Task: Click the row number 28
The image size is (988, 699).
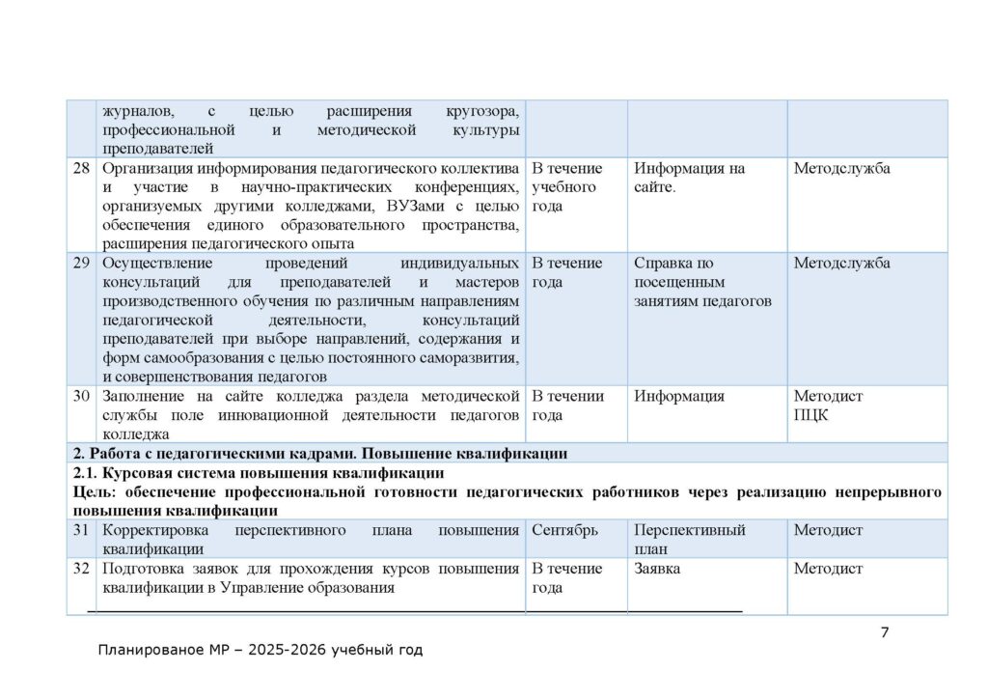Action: (x=82, y=169)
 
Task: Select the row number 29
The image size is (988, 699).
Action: (x=82, y=264)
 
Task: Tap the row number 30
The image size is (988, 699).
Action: (x=82, y=396)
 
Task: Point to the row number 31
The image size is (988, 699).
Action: (x=82, y=530)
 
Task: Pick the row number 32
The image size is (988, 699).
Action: (x=82, y=569)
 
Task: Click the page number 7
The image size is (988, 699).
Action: (x=885, y=632)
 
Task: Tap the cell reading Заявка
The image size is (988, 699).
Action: (x=657, y=569)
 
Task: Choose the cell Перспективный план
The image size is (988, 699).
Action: (x=689, y=539)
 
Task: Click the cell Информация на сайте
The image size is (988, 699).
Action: (x=689, y=178)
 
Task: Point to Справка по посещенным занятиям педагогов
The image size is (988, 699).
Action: (x=702, y=282)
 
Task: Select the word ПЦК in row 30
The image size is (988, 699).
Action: (x=811, y=415)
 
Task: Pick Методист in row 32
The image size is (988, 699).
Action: (x=828, y=569)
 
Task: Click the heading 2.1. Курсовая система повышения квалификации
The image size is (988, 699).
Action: (x=259, y=473)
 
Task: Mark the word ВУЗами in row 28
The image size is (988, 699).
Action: (x=416, y=206)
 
